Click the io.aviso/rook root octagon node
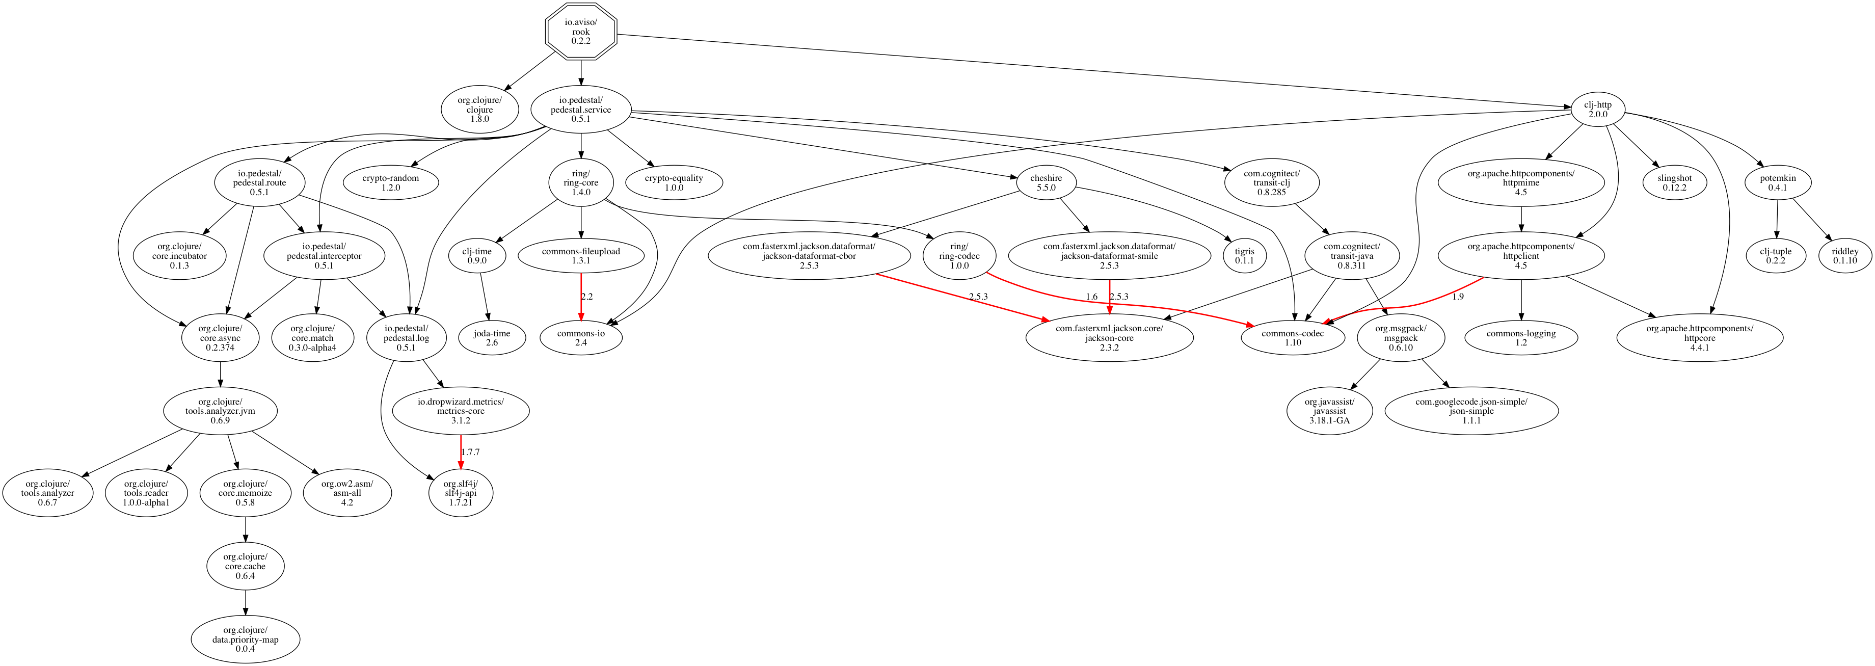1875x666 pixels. click(581, 31)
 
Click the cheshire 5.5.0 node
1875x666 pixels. click(1046, 183)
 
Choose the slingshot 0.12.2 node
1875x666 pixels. click(1674, 183)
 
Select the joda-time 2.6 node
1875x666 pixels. click(492, 338)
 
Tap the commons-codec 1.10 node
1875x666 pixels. click(1293, 338)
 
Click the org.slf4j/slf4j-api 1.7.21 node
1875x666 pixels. click(461, 493)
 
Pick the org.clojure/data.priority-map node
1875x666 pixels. click(245, 639)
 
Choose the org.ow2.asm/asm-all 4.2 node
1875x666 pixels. click(347, 493)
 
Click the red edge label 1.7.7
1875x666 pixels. click(470, 452)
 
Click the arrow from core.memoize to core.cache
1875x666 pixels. click(245, 529)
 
